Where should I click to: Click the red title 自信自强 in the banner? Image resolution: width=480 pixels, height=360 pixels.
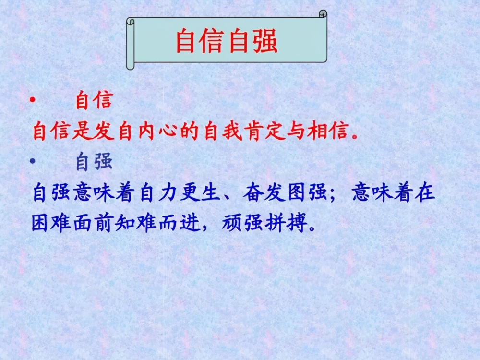click(x=227, y=41)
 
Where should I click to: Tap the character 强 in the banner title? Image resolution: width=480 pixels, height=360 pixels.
click(x=266, y=41)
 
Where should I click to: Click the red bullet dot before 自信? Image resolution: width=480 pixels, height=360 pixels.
click(x=32, y=100)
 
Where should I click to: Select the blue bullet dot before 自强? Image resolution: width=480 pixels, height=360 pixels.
click(x=32, y=162)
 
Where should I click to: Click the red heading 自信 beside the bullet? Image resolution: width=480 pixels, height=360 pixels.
click(x=94, y=101)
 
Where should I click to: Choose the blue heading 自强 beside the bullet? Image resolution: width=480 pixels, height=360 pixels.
click(x=94, y=162)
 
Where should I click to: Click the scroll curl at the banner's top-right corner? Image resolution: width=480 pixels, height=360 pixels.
click(x=323, y=14)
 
